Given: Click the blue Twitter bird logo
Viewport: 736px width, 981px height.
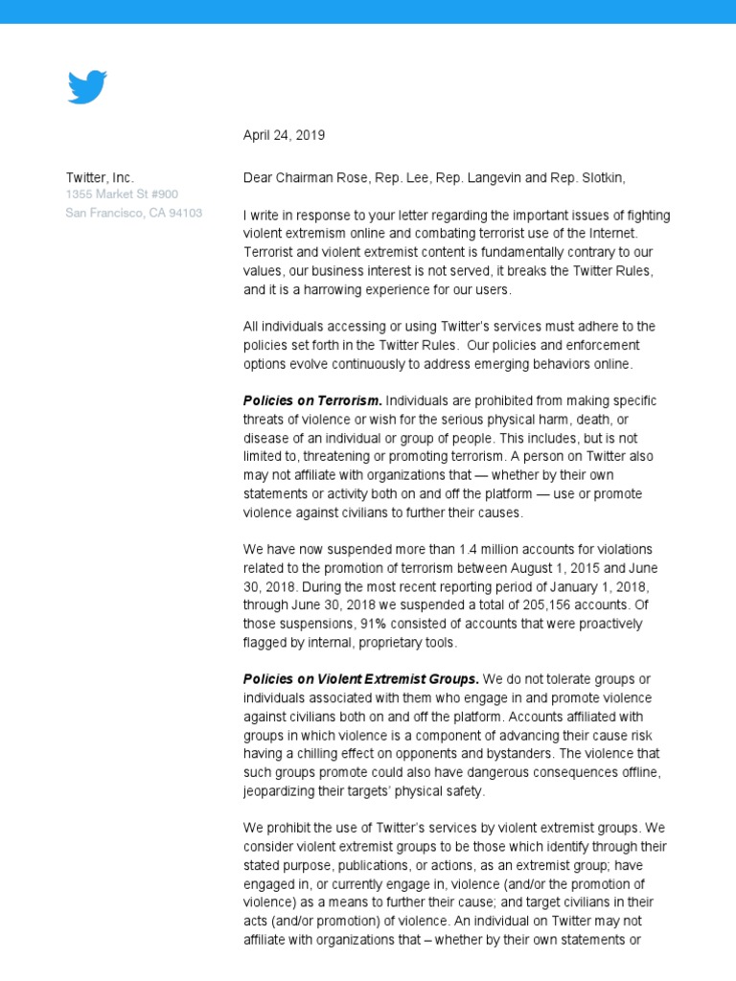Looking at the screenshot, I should [x=87, y=87].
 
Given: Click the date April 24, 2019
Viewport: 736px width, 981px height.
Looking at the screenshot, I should [x=284, y=135].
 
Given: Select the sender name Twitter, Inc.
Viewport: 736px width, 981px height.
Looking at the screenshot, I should [x=100, y=177].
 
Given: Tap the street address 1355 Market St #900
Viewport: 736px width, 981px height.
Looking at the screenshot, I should [x=121, y=194].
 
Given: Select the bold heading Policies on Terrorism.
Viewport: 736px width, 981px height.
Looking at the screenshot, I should [x=312, y=400].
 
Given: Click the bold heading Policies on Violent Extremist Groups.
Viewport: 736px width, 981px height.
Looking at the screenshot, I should [x=360, y=680].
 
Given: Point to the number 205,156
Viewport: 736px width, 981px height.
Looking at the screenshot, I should [x=544, y=605].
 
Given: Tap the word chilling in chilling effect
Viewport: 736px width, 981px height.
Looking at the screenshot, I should [x=312, y=755].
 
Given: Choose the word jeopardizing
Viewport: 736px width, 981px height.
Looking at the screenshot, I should [x=284, y=792].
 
